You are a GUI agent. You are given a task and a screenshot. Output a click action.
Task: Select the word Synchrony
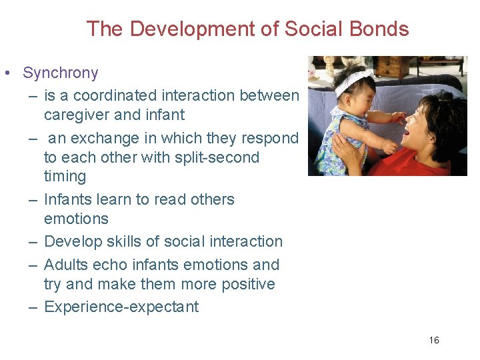pyautogui.click(x=60, y=73)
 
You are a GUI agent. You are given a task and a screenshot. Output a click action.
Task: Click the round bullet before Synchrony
pyautogui.click(x=5, y=73)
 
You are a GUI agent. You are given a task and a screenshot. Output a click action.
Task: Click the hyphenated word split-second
pyautogui.click(x=213, y=157)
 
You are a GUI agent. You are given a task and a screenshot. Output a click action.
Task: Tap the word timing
pyautogui.click(x=65, y=177)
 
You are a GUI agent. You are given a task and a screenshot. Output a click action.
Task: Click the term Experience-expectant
pyautogui.click(x=121, y=307)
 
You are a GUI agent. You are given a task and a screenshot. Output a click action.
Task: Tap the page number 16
pyautogui.click(x=434, y=341)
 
